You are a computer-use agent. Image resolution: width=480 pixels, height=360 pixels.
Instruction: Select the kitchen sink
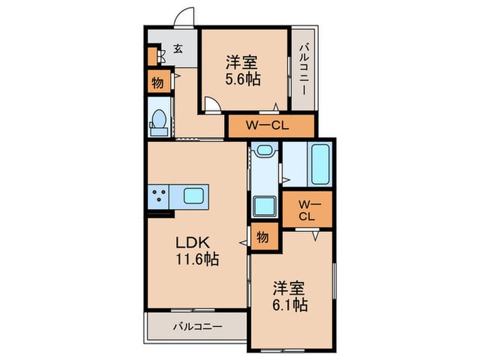click(x=193, y=197)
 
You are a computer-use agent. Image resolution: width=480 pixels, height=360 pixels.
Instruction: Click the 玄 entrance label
click(x=178, y=49)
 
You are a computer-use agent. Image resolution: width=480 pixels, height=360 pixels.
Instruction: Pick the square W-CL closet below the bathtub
click(x=307, y=208)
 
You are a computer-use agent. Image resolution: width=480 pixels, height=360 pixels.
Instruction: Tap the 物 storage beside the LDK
click(x=263, y=237)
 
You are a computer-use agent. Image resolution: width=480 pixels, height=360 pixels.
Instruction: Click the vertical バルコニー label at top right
click(x=304, y=69)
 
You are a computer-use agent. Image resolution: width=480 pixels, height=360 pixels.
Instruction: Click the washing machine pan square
click(x=263, y=206)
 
